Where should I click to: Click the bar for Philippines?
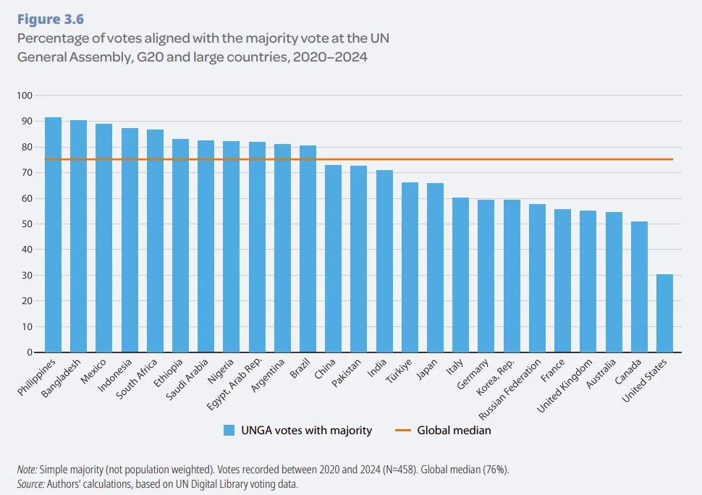(x=53, y=234)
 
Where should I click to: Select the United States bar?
(x=664, y=313)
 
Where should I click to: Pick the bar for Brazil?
(x=308, y=249)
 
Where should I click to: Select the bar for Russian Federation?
(x=537, y=278)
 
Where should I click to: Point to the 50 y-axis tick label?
(x=28, y=224)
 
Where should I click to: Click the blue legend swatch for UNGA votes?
(x=229, y=431)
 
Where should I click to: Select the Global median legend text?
(x=454, y=431)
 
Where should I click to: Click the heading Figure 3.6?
(x=51, y=20)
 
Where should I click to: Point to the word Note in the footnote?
(x=27, y=470)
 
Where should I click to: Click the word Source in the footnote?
(x=31, y=483)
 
